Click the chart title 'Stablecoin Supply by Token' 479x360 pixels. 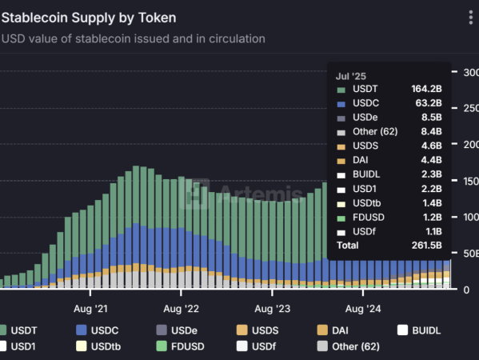[89, 18]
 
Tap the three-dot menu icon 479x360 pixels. [471, 18]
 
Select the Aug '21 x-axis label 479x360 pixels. [90, 309]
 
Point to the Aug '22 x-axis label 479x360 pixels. [182, 309]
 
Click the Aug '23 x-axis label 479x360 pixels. [272, 309]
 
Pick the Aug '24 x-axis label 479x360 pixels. [363, 309]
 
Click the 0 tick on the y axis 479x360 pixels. [466, 290]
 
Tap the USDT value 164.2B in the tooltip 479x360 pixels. [426, 89]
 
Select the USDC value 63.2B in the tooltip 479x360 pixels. [429, 103]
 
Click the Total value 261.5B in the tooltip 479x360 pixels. [427, 245]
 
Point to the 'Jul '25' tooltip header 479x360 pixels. [351, 76]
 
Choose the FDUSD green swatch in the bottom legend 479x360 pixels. [162, 346]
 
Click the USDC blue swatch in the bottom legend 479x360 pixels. [82, 330]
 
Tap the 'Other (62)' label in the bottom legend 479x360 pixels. [356, 346]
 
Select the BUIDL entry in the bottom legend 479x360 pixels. [419, 330]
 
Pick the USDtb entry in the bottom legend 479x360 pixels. [98, 346]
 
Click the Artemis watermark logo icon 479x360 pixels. [194, 194]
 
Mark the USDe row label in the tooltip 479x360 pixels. [365, 118]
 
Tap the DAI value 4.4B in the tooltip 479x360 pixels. [431, 160]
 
